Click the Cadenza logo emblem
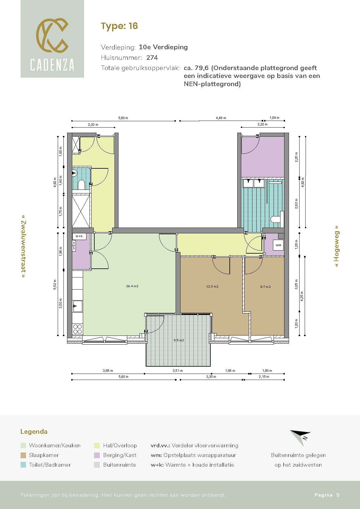52,35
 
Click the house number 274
152,57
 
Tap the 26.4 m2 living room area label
132,286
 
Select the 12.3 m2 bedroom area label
212,286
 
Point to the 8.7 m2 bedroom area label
265,287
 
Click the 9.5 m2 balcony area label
179,340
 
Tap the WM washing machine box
278,245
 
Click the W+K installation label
79,236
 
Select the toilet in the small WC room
81,185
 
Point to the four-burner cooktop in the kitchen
78,329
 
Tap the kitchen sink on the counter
78,306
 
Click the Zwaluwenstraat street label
23,247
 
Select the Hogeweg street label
337,246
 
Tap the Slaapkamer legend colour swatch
23,455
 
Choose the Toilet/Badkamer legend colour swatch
23,465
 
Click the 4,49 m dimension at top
221,118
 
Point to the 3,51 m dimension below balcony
178,371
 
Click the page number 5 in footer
338,495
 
